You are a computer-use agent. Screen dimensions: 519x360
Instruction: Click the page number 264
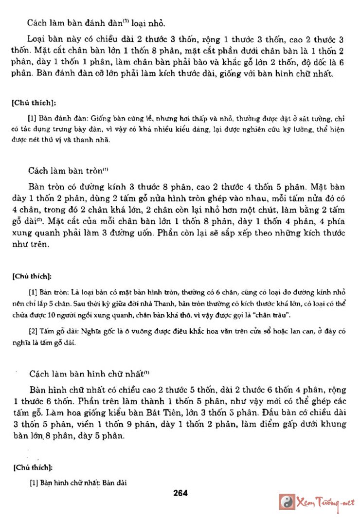180,493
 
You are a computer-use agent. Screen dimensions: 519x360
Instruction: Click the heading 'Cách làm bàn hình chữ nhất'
89,374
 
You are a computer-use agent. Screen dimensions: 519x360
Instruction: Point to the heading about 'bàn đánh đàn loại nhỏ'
93,22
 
